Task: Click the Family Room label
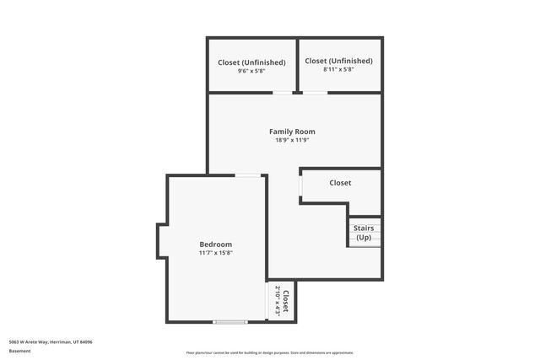coord(292,132)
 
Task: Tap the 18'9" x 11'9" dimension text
coord(292,141)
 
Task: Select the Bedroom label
coord(215,244)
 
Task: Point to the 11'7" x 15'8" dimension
coord(215,253)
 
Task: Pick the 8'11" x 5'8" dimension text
coord(338,70)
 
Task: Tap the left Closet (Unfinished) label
coord(251,62)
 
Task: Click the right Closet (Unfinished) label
coord(338,61)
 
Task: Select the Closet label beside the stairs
coord(340,183)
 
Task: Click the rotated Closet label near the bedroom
coord(286,301)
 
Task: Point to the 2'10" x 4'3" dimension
coord(277,301)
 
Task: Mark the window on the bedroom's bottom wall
coord(230,321)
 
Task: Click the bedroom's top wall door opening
coord(247,175)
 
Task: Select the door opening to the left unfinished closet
coord(283,93)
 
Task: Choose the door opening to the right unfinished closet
coord(316,93)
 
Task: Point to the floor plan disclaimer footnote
coord(270,353)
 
